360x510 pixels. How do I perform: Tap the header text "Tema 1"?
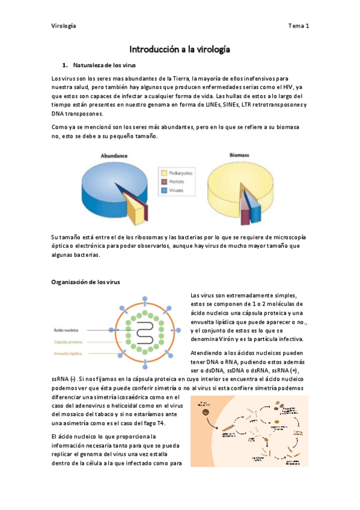pos(298,26)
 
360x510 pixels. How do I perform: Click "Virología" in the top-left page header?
pos(63,26)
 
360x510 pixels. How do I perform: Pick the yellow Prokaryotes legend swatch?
pos(162,173)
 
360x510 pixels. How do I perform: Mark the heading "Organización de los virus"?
pos(87,281)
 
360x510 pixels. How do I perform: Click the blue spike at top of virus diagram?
pos(144,299)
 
